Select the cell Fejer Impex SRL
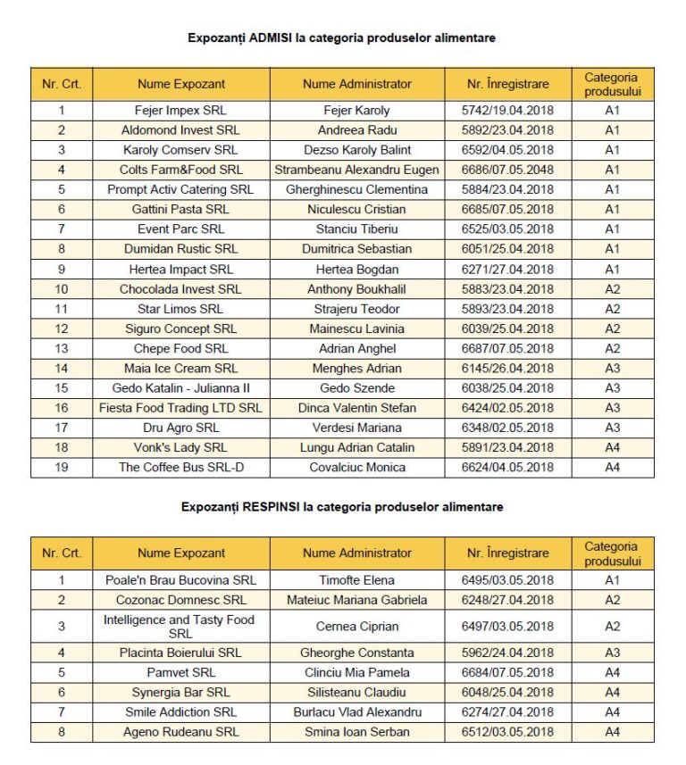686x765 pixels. pyautogui.click(x=181, y=111)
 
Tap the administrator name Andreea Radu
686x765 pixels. pyautogui.click(x=357, y=130)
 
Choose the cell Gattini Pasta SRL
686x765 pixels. pyautogui.click(x=181, y=209)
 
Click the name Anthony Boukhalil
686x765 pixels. pyautogui.click(x=357, y=289)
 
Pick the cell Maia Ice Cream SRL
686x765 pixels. pyautogui.click(x=181, y=368)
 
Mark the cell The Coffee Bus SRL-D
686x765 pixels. pyautogui.click(x=181, y=467)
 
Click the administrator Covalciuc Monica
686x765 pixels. pyautogui.click(x=357, y=467)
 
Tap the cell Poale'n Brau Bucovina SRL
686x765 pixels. pyautogui.click(x=181, y=580)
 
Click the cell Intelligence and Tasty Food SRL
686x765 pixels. pyautogui.click(x=181, y=626)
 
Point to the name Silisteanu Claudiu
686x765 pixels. pyautogui.click(x=357, y=693)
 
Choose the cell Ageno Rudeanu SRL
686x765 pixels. pyautogui.click(x=181, y=732)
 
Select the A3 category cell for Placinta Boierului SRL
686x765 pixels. pyautogui.click(x=612, y=653)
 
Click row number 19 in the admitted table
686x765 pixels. pyautogui.click(x=62, y=467)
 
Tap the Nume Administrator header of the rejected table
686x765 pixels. pyautogui.click(x=357, y=553)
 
